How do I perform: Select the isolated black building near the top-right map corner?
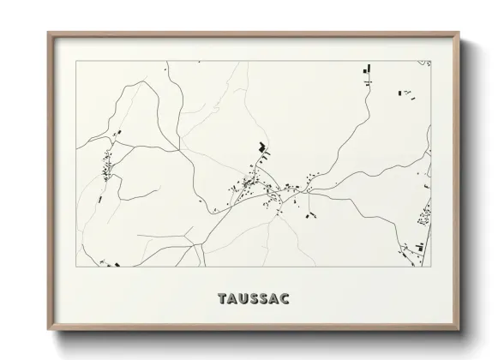(401, 92)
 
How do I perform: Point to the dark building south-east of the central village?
(306, 215)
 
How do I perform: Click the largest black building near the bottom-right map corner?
(420, 247)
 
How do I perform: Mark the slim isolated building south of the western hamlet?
(101, 199)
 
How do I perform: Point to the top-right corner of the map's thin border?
(429, 60)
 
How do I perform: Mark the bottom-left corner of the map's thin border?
(76, 267)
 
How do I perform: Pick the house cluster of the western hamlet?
(108, 165)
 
